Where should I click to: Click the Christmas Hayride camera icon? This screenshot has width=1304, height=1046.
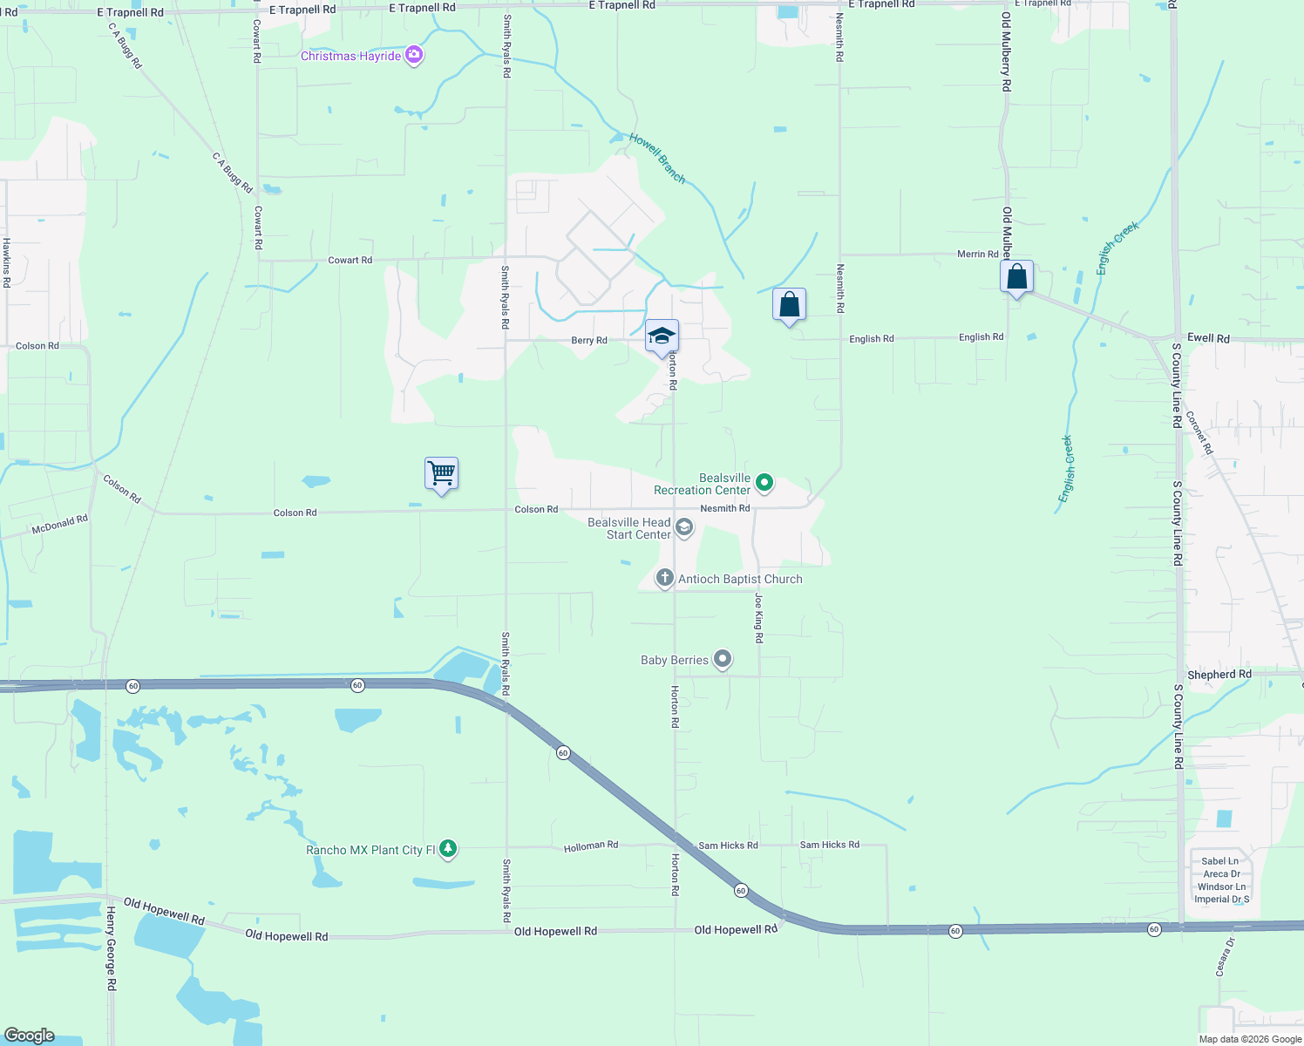click(414, 56)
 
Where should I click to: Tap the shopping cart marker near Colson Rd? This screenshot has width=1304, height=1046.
click(442, 473)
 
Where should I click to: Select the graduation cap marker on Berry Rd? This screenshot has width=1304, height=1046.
click(662, 336)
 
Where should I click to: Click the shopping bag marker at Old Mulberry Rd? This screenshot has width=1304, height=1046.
click(1016, 277)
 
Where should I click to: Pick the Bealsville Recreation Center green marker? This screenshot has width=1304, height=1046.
click(764, 482)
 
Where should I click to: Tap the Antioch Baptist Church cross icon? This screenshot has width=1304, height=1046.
click(664, 578)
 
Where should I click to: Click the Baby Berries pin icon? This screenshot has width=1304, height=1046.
click(723, 659)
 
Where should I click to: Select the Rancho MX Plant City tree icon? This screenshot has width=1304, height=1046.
click(448, 849)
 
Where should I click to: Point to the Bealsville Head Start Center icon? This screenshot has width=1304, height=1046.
click(684, 526)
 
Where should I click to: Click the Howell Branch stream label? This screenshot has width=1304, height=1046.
click(657, 158)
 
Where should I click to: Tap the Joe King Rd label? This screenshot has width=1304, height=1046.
click(759, 618)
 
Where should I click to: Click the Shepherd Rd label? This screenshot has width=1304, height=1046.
click(1219, 675)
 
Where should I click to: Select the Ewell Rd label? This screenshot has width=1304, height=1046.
click(1208, 338)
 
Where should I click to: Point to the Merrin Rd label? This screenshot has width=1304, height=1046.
click(977, 255)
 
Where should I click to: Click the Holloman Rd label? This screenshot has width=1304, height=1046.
click(590, 846)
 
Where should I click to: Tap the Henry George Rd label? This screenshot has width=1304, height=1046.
click(111, 948)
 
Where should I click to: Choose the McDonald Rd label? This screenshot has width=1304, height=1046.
click(60, 525)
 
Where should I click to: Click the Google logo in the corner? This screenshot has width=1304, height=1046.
click(30, 1036)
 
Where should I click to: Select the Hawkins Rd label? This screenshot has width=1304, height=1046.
click(6, 262)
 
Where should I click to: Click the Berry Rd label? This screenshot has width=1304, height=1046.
click(589, 341)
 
